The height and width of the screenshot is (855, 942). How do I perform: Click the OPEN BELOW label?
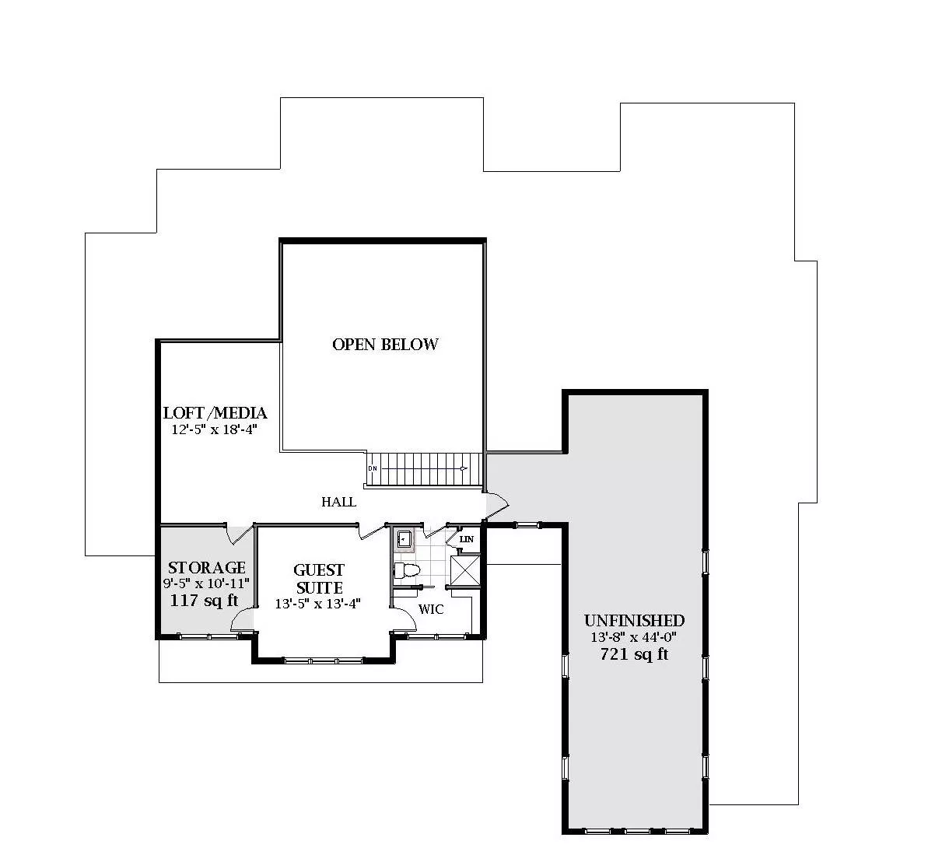[x=385, y=345]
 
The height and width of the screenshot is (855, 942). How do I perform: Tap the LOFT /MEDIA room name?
[x=215, y=413]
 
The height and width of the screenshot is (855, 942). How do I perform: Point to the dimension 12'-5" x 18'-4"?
[x=214, y=429]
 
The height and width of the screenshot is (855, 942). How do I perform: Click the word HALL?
[x=338, y=502]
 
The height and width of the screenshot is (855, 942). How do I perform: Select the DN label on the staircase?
[x=373, y=468]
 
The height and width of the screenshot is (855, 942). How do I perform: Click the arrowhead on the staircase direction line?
[x=464, y=468]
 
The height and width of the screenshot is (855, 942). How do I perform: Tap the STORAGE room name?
[x=207, y=567]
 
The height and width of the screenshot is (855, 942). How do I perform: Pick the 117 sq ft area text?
[x=205, y=601]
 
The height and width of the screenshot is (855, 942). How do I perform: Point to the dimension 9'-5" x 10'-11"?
[x=206, y=583]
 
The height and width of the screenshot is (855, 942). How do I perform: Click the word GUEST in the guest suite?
[x=319, y=569]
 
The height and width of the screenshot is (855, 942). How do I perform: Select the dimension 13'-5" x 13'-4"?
[x=318, y=604]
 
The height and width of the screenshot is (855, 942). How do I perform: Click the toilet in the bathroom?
[x=407, y=570]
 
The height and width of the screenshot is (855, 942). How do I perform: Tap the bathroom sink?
[x=404, y=538]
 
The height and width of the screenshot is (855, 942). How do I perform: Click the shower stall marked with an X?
[x=465, y=570]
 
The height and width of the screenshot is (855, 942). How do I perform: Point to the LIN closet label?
[x=466, y=539]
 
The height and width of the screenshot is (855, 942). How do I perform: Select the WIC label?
[x=431, y=609]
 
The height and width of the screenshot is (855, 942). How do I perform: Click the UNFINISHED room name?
[x=635, y=621]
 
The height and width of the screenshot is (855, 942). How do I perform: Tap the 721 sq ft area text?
[x=634, y=654]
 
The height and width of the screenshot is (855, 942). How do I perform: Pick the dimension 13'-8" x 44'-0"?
[x=634, y=637]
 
